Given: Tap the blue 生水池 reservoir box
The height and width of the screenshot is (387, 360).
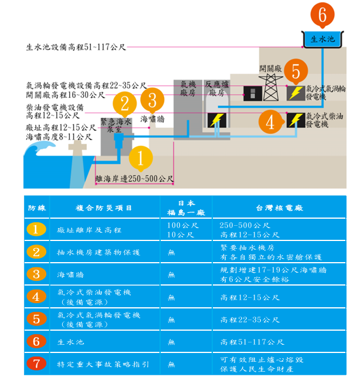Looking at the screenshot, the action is (322, 39).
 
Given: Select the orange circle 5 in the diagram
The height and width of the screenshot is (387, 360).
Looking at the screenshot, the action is (296, 72).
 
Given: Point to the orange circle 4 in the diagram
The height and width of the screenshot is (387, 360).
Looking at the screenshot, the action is (270, 122).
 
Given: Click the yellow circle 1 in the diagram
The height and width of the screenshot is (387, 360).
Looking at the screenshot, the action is (140, 158).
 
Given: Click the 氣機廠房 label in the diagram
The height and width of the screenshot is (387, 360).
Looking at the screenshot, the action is (188, 89).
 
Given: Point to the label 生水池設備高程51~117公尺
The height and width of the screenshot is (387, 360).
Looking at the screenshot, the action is (76, 46).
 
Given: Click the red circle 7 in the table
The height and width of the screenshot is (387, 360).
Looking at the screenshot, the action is (36, 364).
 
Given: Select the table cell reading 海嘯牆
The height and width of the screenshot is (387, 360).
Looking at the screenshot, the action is (68, 274).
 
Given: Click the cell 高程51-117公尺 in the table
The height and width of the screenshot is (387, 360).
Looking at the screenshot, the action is (253, 342).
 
